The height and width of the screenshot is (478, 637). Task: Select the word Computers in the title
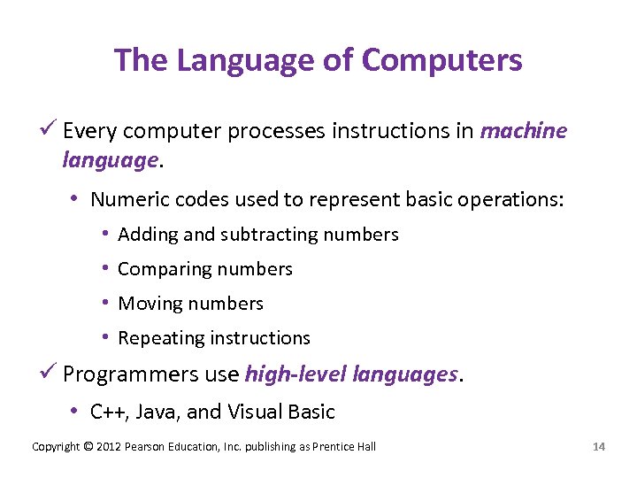tap(442, 60)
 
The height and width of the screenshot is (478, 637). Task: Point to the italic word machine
tap(523, 131)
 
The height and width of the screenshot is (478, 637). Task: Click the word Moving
tap(146, 304)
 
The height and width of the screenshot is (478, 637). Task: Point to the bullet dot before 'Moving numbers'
tap(105, 304)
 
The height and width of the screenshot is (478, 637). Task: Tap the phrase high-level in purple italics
tap(295, 374)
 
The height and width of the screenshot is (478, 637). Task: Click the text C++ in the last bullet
tap(107, 412)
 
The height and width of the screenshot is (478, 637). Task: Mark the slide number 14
tap(599, 446)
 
